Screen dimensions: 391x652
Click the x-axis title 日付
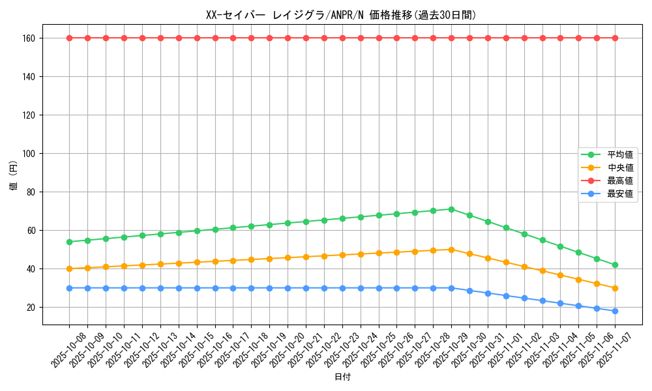pos(342,377)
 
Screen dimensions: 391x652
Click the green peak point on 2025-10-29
pos(451,209)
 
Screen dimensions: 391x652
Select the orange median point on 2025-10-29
pos(451,250)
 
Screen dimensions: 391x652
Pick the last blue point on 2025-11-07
pos(615,311)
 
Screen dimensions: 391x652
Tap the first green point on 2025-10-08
pos(70,242)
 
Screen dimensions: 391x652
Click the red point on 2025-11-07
pos(615,38)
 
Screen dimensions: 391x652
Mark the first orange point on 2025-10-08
pos(70,268)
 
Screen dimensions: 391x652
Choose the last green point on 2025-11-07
pos(615,265)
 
